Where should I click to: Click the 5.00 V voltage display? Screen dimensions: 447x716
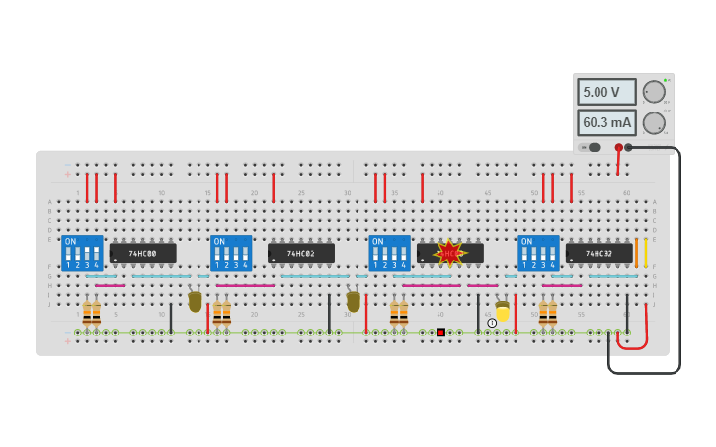(605, 92)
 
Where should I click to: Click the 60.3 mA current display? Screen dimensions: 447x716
(605, 122)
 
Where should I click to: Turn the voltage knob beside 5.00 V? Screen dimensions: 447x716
(654, 92)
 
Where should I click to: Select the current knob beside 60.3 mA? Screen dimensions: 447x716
(654, 123)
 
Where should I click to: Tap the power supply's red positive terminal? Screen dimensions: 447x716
(619, 148)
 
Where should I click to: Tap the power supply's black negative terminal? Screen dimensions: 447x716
(629, 148)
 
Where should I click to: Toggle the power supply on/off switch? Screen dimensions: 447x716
(590, 148)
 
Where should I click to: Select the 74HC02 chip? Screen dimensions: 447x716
(300, 254)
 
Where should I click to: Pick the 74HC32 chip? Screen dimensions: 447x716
(598, 254)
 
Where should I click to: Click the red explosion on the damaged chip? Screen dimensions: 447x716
(450, 253)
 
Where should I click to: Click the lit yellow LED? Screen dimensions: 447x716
(503, 312)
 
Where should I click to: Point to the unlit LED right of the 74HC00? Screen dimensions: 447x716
(195, 300)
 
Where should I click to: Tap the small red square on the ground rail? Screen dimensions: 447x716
(440, 333)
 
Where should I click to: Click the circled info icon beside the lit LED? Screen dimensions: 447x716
(492, 323)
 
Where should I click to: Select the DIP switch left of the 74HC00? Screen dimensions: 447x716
(82, 254)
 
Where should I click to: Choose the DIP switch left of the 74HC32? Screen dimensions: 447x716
(538, 254)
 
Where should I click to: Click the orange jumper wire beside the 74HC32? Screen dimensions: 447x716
(637, 254)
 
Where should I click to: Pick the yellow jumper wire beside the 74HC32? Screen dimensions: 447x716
(646, 254)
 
